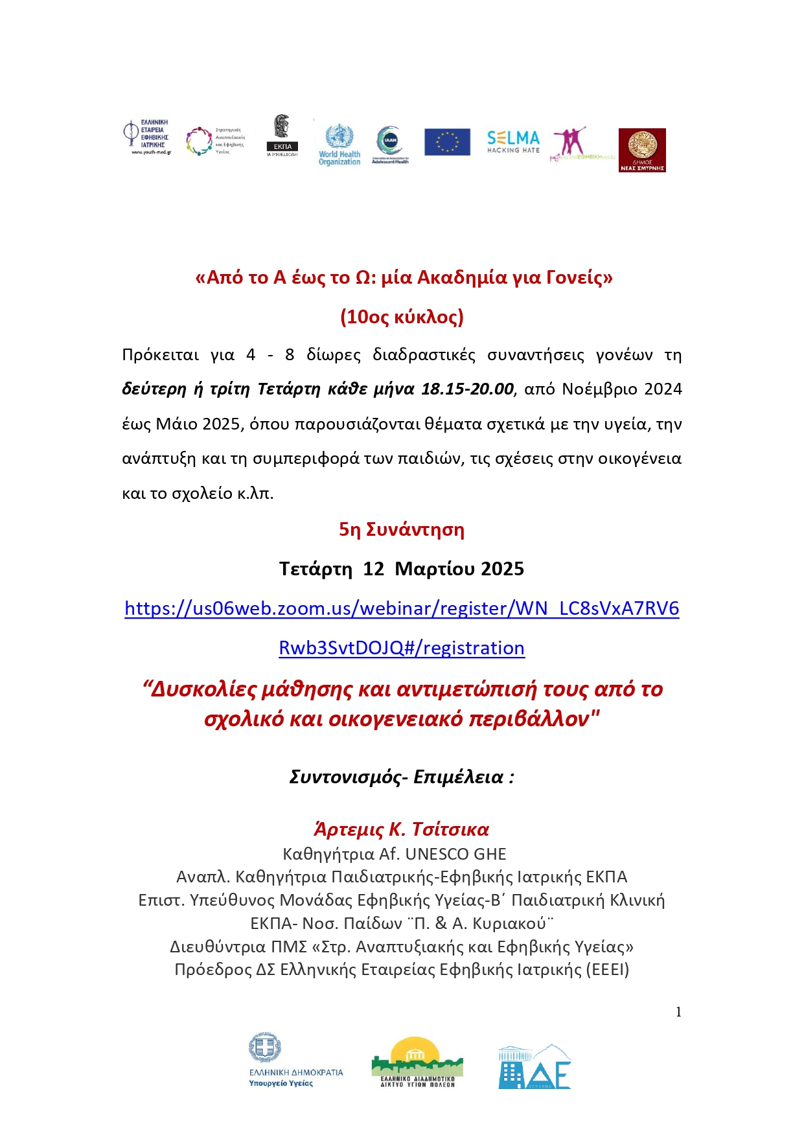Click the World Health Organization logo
pos(339,144)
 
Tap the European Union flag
pos(447,142)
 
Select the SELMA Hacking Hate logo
pos(513,141)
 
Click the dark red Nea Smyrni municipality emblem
pos(642,150)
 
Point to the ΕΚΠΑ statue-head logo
pos(282,135)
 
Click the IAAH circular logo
pos(390,144)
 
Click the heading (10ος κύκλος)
pos(402,317)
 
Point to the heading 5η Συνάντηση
pos(402,529)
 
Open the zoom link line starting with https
pos(402,608)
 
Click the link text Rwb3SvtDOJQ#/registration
pos(402,648)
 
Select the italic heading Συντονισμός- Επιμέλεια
pos(402,777)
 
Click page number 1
pos(678,1012)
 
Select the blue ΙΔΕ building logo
pos(534,1066)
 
